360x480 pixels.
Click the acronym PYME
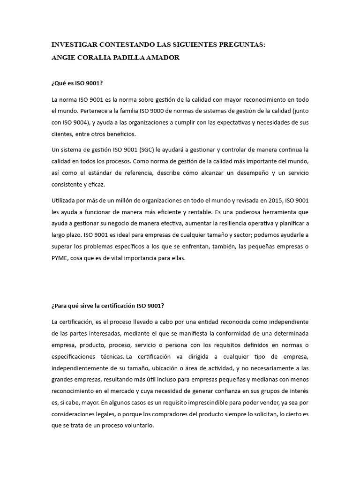[x=60, y=257]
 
